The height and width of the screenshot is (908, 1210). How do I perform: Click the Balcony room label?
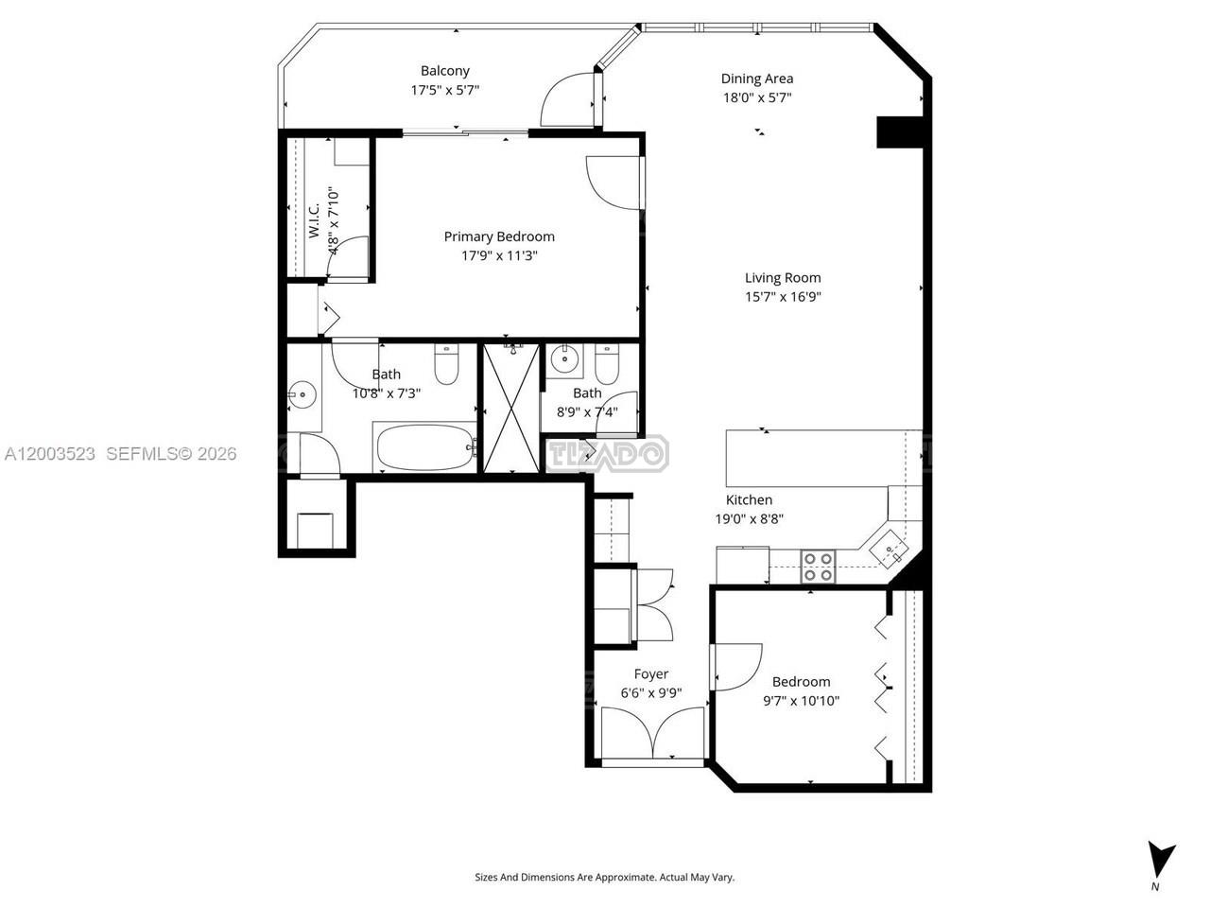pos(444,71)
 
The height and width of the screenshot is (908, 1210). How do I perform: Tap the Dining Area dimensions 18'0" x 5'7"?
pos(757,97)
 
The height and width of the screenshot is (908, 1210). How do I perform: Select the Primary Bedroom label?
pos(499,236)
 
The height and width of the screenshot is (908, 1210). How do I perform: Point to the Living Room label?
pos(782,278)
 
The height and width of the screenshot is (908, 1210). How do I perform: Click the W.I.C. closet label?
pos(314,220)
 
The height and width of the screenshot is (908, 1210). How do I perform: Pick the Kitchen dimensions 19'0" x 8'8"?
pos(749,518)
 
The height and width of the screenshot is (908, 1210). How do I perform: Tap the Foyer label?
pos(651,673)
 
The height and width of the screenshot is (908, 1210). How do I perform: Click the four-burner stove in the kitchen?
pos(818,567)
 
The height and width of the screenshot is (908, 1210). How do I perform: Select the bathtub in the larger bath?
pos(423,447)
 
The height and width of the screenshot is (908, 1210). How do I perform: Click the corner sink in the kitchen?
pos(889,550)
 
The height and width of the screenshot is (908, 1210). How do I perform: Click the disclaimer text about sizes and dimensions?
pos(605,877)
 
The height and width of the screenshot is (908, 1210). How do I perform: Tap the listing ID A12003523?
pos(49,454)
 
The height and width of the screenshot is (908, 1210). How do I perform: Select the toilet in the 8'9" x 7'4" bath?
pos(606,364)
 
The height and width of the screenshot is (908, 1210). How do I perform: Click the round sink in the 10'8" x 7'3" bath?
pos(302,394)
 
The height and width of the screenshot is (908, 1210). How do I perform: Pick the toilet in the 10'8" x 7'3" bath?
pos(446,364)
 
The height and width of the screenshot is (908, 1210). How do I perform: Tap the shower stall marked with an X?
pos(511,408)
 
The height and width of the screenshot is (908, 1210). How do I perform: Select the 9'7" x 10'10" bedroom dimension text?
pos(801,701)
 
